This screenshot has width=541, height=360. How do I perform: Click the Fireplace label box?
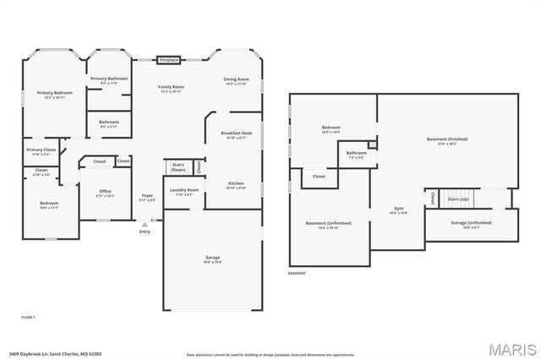click(169, 60)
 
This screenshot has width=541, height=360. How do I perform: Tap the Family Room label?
click(172, 87)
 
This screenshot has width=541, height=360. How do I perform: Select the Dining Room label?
click(237, 80)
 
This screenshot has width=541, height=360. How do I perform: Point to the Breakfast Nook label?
click(234, 134)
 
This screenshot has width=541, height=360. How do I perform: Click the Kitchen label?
click(237, 183)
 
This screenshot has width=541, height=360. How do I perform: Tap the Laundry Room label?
click(183, 190)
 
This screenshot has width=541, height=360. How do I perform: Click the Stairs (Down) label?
click(178, 166)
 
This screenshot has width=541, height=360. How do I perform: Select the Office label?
click(105, 192)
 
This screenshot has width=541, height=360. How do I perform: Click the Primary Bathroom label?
click(109, 79)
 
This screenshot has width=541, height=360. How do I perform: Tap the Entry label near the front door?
click(144, 231)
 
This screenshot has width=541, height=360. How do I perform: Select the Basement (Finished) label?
click(446, 139)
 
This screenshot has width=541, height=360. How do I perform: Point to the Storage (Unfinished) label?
click(471, 223)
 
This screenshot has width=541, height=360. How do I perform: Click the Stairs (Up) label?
click(458, 199)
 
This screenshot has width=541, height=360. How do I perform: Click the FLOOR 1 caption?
click(29, 316)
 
